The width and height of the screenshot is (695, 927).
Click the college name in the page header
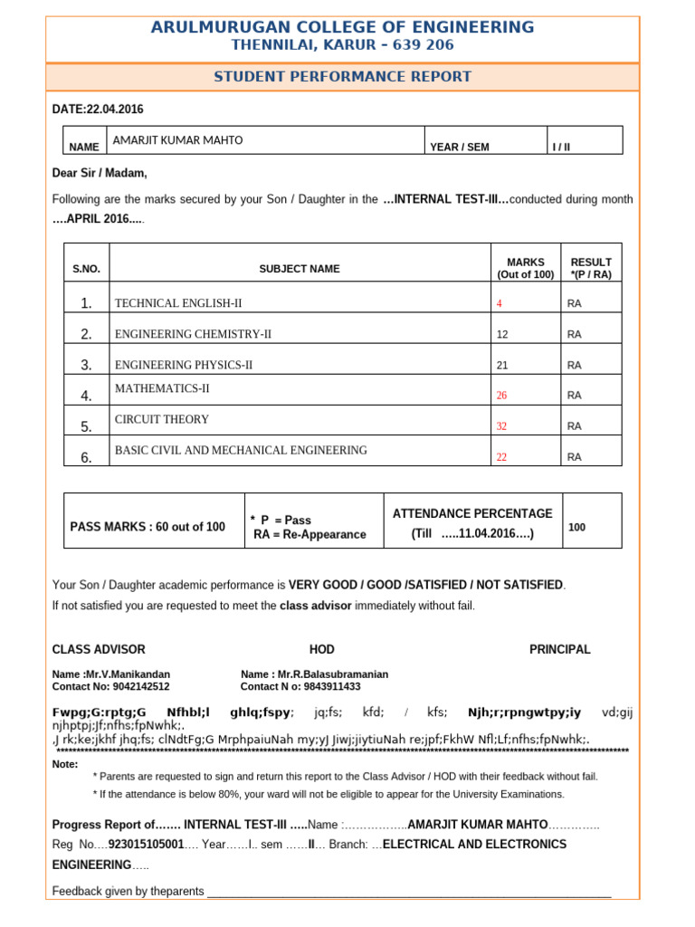coord(342,27)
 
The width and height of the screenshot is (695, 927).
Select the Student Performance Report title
coord(342,77)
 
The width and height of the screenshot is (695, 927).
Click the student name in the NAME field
coord(177,140)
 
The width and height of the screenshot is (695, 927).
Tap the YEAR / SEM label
coord(459,148)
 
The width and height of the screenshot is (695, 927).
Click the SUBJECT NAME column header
coord(299,269)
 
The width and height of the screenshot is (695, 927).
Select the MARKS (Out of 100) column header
coord(525,268)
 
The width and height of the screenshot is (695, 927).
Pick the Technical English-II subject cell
coord(178,303)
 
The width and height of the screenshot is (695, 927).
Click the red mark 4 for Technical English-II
coord(500,304)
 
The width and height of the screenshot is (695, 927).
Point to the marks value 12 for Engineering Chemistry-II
coord(502,335)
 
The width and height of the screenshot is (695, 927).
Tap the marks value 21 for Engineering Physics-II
coord(502,366)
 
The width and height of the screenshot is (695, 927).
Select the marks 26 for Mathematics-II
coord(502,396)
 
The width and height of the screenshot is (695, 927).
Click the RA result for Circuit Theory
coord(574,426)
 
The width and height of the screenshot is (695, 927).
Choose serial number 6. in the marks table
coord(86,458)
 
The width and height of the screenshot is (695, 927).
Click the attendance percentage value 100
coord(576,526)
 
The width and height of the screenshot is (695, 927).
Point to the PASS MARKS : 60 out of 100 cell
coord(148,527)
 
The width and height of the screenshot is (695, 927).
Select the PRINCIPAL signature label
coord(559,649)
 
